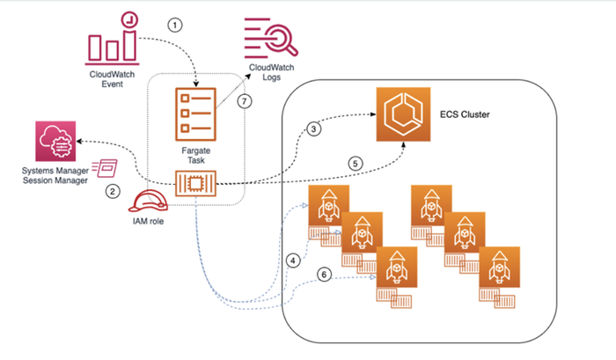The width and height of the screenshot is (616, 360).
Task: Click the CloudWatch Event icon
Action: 116,36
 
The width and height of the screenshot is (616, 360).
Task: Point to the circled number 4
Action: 293,261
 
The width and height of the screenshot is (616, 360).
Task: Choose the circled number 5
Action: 356,162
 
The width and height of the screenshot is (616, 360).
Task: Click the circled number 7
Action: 246,101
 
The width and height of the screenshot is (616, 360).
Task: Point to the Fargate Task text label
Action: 195,153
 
